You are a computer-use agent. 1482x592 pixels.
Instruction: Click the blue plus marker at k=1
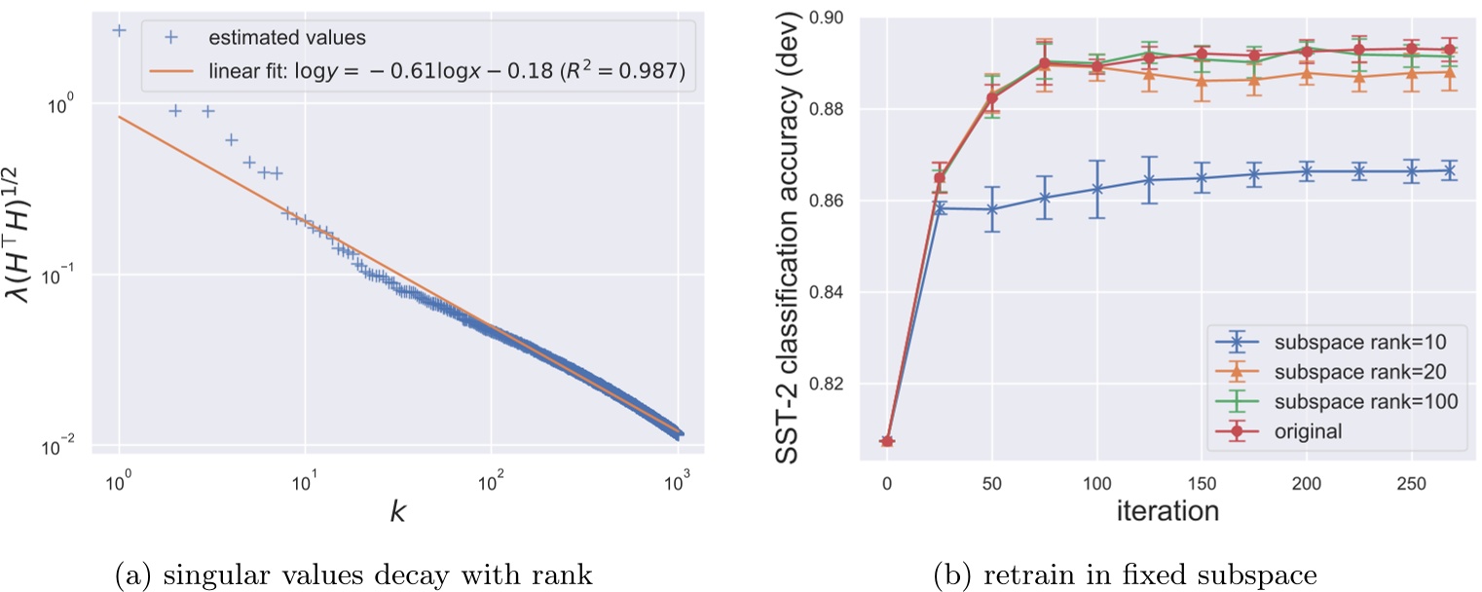click(119, 30)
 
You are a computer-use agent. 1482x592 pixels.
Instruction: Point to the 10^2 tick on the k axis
click(492, 480)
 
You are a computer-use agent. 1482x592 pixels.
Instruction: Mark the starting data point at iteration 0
click(887, 441)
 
